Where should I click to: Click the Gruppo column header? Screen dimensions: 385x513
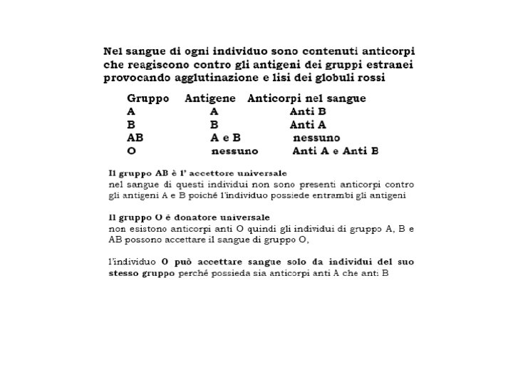click(x=147, y=98)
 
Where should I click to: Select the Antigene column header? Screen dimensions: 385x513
click(x=211, y=98)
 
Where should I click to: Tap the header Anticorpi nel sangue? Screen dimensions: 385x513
click(x=306, y=98)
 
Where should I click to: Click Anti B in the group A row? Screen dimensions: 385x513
click(x=308, y=112)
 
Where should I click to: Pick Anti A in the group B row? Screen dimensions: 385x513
click(x=308, y=125)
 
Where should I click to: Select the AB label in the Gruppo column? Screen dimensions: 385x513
click(x=135, y=138)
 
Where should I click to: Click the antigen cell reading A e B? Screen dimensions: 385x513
click(x=225, y=138)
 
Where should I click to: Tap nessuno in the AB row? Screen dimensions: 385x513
click(x=316, y=138)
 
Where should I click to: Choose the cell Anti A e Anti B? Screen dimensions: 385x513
click(x=335, y=151)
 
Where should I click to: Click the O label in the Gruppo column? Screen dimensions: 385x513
click(x=131, y=151)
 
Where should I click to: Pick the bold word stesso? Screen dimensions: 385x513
click(x=125, y=274)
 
